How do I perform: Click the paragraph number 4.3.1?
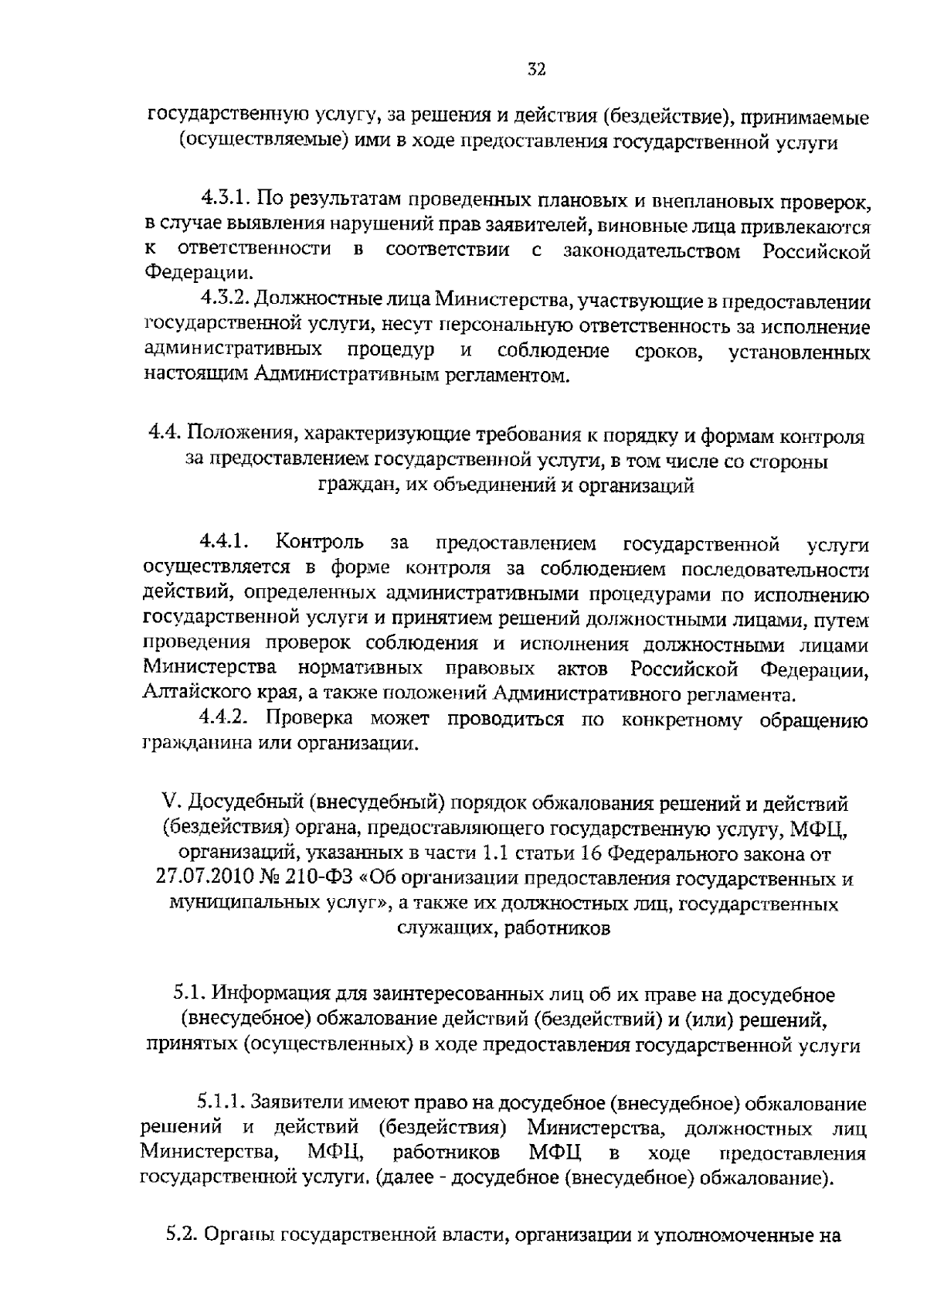click(225, 200)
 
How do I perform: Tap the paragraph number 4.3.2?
click(225, 300)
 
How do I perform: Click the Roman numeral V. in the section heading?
click(174, 805)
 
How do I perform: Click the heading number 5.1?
click(188, 993)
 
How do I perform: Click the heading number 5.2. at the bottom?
click(182, 1236)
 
